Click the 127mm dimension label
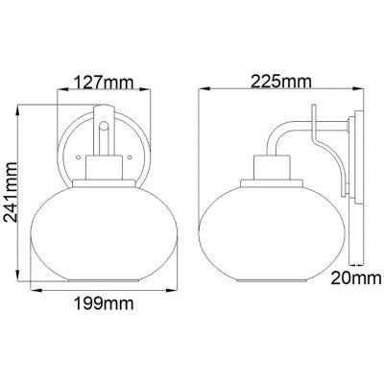click(105, 83)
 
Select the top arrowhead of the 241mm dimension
click(32, 107)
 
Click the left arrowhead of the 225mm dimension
click(202, 93)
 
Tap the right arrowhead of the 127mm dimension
click(152, 93)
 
